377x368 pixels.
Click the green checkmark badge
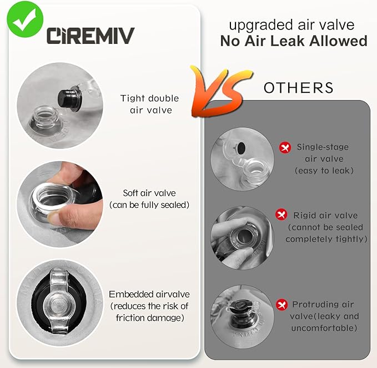[25, 19]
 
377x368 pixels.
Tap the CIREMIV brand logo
[91, 36]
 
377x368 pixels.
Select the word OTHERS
[299, 88]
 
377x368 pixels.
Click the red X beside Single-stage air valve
[285, 147]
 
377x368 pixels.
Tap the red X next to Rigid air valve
[282, 214]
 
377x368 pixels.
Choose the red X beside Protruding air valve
[282, 305]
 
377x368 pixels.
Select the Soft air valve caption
[149, 199]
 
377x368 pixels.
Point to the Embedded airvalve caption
[149, 306]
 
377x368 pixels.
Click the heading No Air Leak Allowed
[294, 41]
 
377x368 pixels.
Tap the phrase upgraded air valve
[291, 25]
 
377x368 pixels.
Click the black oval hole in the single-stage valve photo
[240, 148]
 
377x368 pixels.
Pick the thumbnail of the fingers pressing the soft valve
[60, 205]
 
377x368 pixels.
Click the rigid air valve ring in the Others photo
[244, 235]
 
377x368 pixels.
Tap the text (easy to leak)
[324, 171]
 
